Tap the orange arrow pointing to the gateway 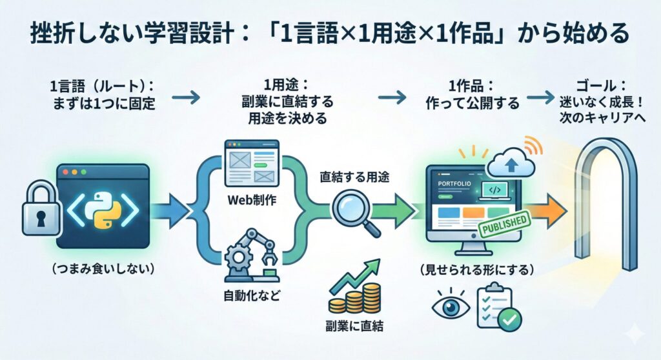[x=548, y=210]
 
